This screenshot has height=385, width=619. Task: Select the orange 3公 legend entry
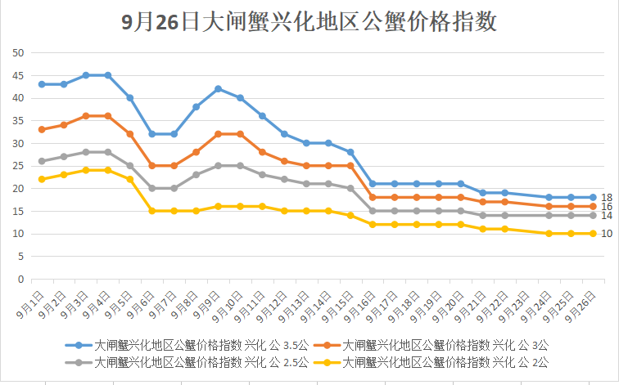point(433,346)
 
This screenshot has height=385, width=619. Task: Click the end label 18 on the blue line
point(607,198)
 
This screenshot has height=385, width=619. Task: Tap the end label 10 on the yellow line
point(607,234)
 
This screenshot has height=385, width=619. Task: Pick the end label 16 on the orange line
point(607,207)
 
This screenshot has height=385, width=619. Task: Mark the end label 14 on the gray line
point(607,216)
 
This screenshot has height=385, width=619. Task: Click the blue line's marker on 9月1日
point(42,84)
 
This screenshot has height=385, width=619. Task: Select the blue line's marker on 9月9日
point(219,88)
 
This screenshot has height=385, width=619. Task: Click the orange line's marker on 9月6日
point(152,166)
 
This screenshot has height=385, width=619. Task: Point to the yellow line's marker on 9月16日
point(373,225)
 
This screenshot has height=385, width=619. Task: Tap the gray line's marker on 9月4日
point(108,152)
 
